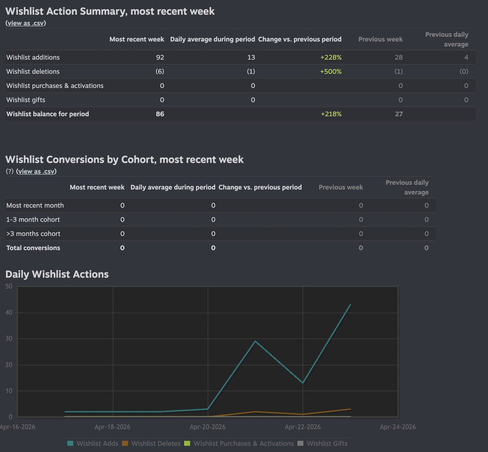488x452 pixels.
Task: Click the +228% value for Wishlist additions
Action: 331,57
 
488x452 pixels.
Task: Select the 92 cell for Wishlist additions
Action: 160,57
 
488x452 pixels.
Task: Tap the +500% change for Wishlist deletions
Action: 331,72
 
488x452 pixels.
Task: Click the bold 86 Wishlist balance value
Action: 160,114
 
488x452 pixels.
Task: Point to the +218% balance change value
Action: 331,114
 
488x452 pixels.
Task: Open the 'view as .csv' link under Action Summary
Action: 26,23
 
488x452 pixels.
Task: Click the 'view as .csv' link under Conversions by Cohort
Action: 36,172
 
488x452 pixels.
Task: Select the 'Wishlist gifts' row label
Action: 26,100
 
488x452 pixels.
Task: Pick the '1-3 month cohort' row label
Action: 33,219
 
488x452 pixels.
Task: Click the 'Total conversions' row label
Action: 33,248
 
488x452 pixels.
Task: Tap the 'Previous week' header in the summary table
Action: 380,39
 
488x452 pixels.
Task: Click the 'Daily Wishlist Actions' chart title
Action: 57,274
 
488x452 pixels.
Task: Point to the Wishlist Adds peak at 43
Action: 351,304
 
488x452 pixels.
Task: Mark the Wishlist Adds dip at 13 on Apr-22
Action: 303,383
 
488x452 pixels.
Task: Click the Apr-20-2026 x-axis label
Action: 208,427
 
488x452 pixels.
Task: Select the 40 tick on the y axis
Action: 9,313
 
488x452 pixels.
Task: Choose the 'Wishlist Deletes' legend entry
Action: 151,443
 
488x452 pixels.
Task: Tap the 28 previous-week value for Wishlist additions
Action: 398,57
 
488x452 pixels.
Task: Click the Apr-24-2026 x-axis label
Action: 398,427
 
